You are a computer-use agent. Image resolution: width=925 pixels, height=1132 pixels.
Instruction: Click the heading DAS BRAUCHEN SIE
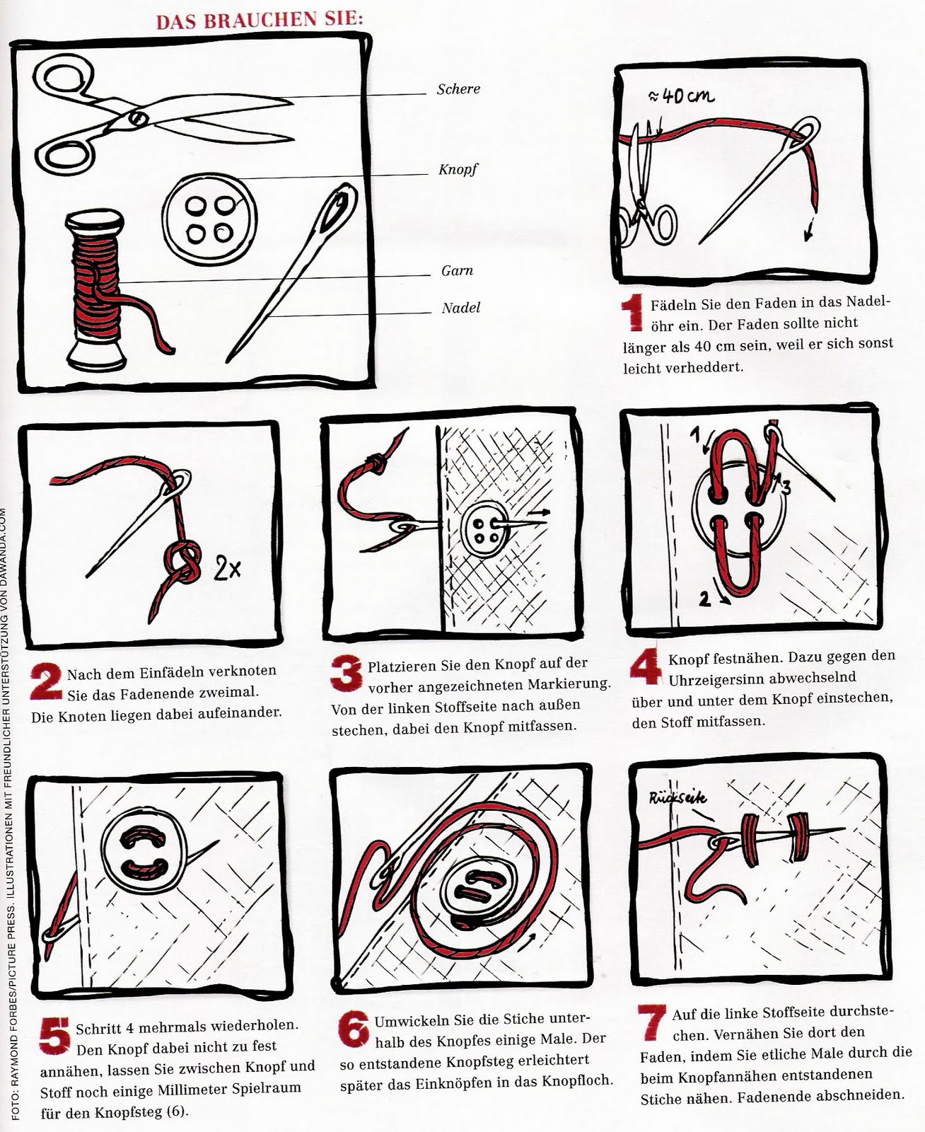point(260,20)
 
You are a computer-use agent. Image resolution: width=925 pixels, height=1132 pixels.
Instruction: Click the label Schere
point(458,89)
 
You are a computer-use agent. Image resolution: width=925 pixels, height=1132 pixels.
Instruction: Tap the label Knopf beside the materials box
point(458,170)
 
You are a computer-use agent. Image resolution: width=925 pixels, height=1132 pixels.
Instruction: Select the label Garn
point(457,270)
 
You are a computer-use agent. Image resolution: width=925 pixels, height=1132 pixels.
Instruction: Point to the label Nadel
point(461,308)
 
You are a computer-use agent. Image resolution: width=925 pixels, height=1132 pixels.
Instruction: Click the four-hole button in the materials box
point(209,219)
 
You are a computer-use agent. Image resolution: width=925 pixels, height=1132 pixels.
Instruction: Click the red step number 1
point(632,312)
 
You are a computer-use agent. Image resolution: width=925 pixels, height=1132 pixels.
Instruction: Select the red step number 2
point(46,681)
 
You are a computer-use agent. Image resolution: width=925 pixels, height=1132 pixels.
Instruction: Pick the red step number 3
point(346,673)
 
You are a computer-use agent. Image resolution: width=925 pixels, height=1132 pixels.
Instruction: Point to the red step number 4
point(646,666)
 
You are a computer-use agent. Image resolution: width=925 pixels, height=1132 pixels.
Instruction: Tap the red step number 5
point(55,1035)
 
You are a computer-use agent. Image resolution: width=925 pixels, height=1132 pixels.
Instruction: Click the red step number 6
point(354,1029)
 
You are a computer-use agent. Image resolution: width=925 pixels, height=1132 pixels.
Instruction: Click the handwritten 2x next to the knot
point(227,568)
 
